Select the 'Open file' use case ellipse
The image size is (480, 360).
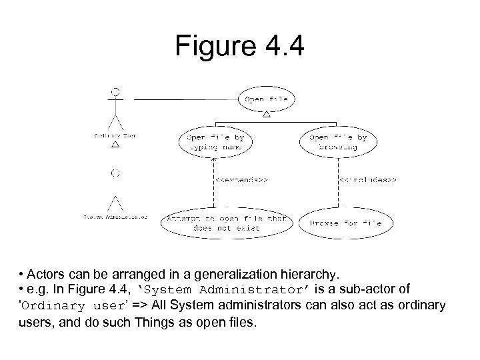267,100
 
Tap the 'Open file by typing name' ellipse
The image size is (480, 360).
211,141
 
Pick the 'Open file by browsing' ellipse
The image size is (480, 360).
337,141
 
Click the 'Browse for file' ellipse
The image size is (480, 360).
345,223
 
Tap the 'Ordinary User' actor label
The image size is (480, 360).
115,136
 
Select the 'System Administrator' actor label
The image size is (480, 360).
115,216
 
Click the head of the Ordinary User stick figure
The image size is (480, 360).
116,90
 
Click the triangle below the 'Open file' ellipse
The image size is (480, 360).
267,115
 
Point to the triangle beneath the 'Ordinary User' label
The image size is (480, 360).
115,143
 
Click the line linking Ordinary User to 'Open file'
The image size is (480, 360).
180,100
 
